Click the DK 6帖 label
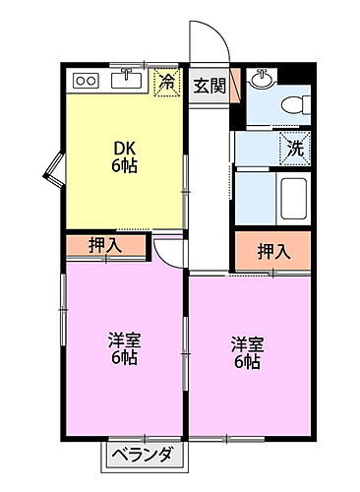pos(124,158)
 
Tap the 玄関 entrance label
pos(210,86)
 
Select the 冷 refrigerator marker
pos(169,83)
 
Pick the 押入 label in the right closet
pos(273,252)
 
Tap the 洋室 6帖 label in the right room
pos(247,354)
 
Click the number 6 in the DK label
pos(117,166)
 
